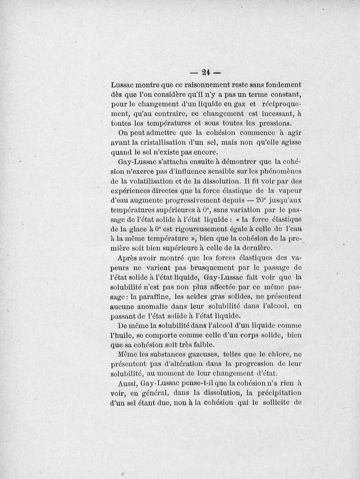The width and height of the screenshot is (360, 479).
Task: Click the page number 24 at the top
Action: [x=207, y=72]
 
